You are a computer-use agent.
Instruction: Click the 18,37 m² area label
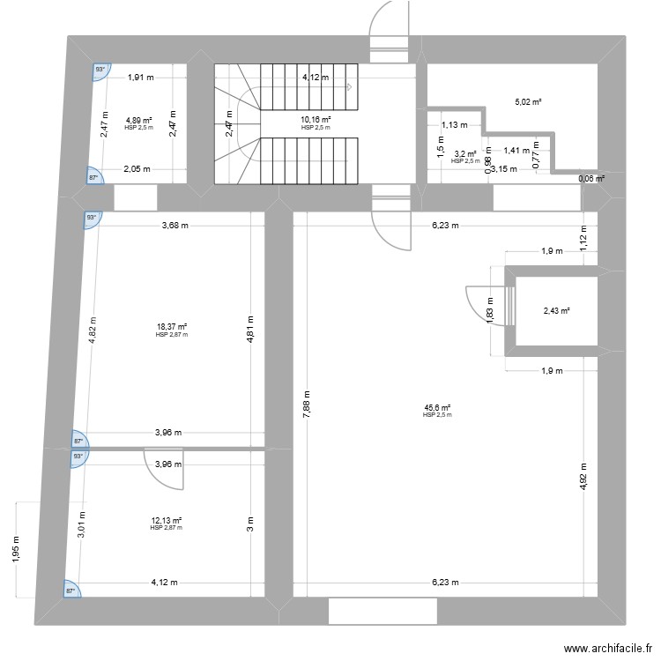coord(172,327)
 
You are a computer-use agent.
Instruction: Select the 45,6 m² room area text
coord(437,408)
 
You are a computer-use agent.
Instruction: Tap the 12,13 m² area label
coord(166,521)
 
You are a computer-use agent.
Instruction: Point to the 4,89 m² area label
coord(138,121)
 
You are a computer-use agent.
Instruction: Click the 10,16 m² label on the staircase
coord(316,120)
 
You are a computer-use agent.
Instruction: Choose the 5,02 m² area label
coord(528,102)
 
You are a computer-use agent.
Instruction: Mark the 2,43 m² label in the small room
coord(556,311)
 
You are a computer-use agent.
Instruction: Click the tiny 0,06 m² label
coord(591,179)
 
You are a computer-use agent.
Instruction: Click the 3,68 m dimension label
coord(176,225)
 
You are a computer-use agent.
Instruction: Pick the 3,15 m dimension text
coord(504,169)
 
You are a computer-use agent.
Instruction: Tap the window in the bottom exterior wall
coord(382,611)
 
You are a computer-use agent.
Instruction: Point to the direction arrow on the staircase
coord(349,86)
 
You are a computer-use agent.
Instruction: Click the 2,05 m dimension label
coord(137,169)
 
